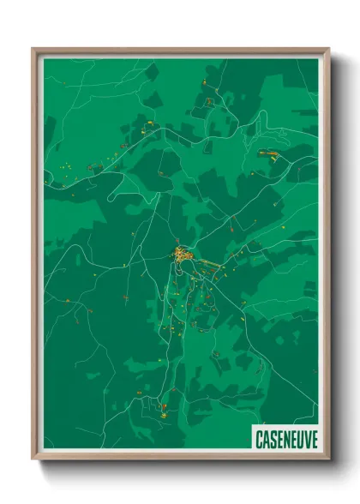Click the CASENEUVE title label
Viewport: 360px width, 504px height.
click(x=286, y=438)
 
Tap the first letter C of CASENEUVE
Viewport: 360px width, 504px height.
click(x=259, y=438)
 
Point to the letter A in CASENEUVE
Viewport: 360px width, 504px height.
click(x=266, y=438)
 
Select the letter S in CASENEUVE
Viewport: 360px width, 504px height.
click(x=273, y=438)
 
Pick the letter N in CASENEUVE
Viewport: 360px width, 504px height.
click(x=286, y=438)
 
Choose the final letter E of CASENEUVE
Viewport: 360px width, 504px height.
click(x=314, y=438)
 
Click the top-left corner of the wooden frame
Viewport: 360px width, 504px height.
click(x=33, y=49)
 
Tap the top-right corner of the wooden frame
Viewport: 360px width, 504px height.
click(x=328, y=49)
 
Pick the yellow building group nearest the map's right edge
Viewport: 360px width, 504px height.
click(x=267, y=153)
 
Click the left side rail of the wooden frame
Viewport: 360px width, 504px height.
click(x=35, y=257)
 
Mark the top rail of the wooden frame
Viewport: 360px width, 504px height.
click(x=180, y=51)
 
